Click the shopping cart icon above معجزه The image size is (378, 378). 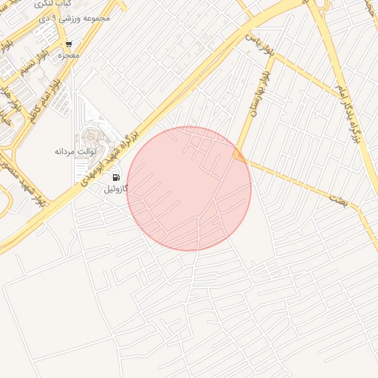(x=69, y=44)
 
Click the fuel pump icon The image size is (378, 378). (x=116, y=177)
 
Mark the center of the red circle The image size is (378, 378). (x=189, y=188)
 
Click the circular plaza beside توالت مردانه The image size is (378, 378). (x=93, y=137)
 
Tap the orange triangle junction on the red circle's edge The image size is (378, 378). (x=238, y=154)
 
